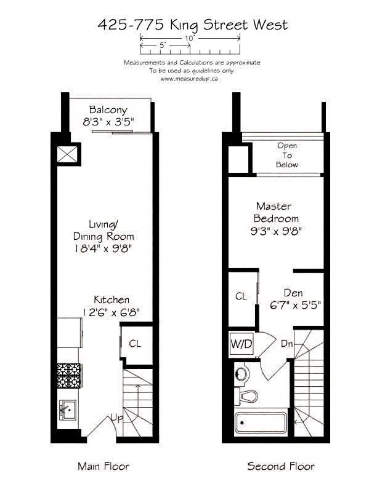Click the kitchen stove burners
coord(69,375)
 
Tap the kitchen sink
coord(68,410)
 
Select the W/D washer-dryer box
coord(241,344)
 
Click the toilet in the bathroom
coord(246,397)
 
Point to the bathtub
coord(261,422)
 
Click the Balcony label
coord(108,109)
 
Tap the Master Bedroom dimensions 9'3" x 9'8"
coord(276,231)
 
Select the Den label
coord(293,293)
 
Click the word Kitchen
coord(111,299)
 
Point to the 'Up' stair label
coord(117,418)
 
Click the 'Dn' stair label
coord(287,344)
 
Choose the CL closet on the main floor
coord(135,344)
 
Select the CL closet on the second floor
coord(241,296)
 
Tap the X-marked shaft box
coord(67,154)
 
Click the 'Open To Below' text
coord(287,155)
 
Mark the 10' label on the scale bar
coord(190,39)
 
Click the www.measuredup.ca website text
coord(189,79)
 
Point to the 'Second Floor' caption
coord(281,466)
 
